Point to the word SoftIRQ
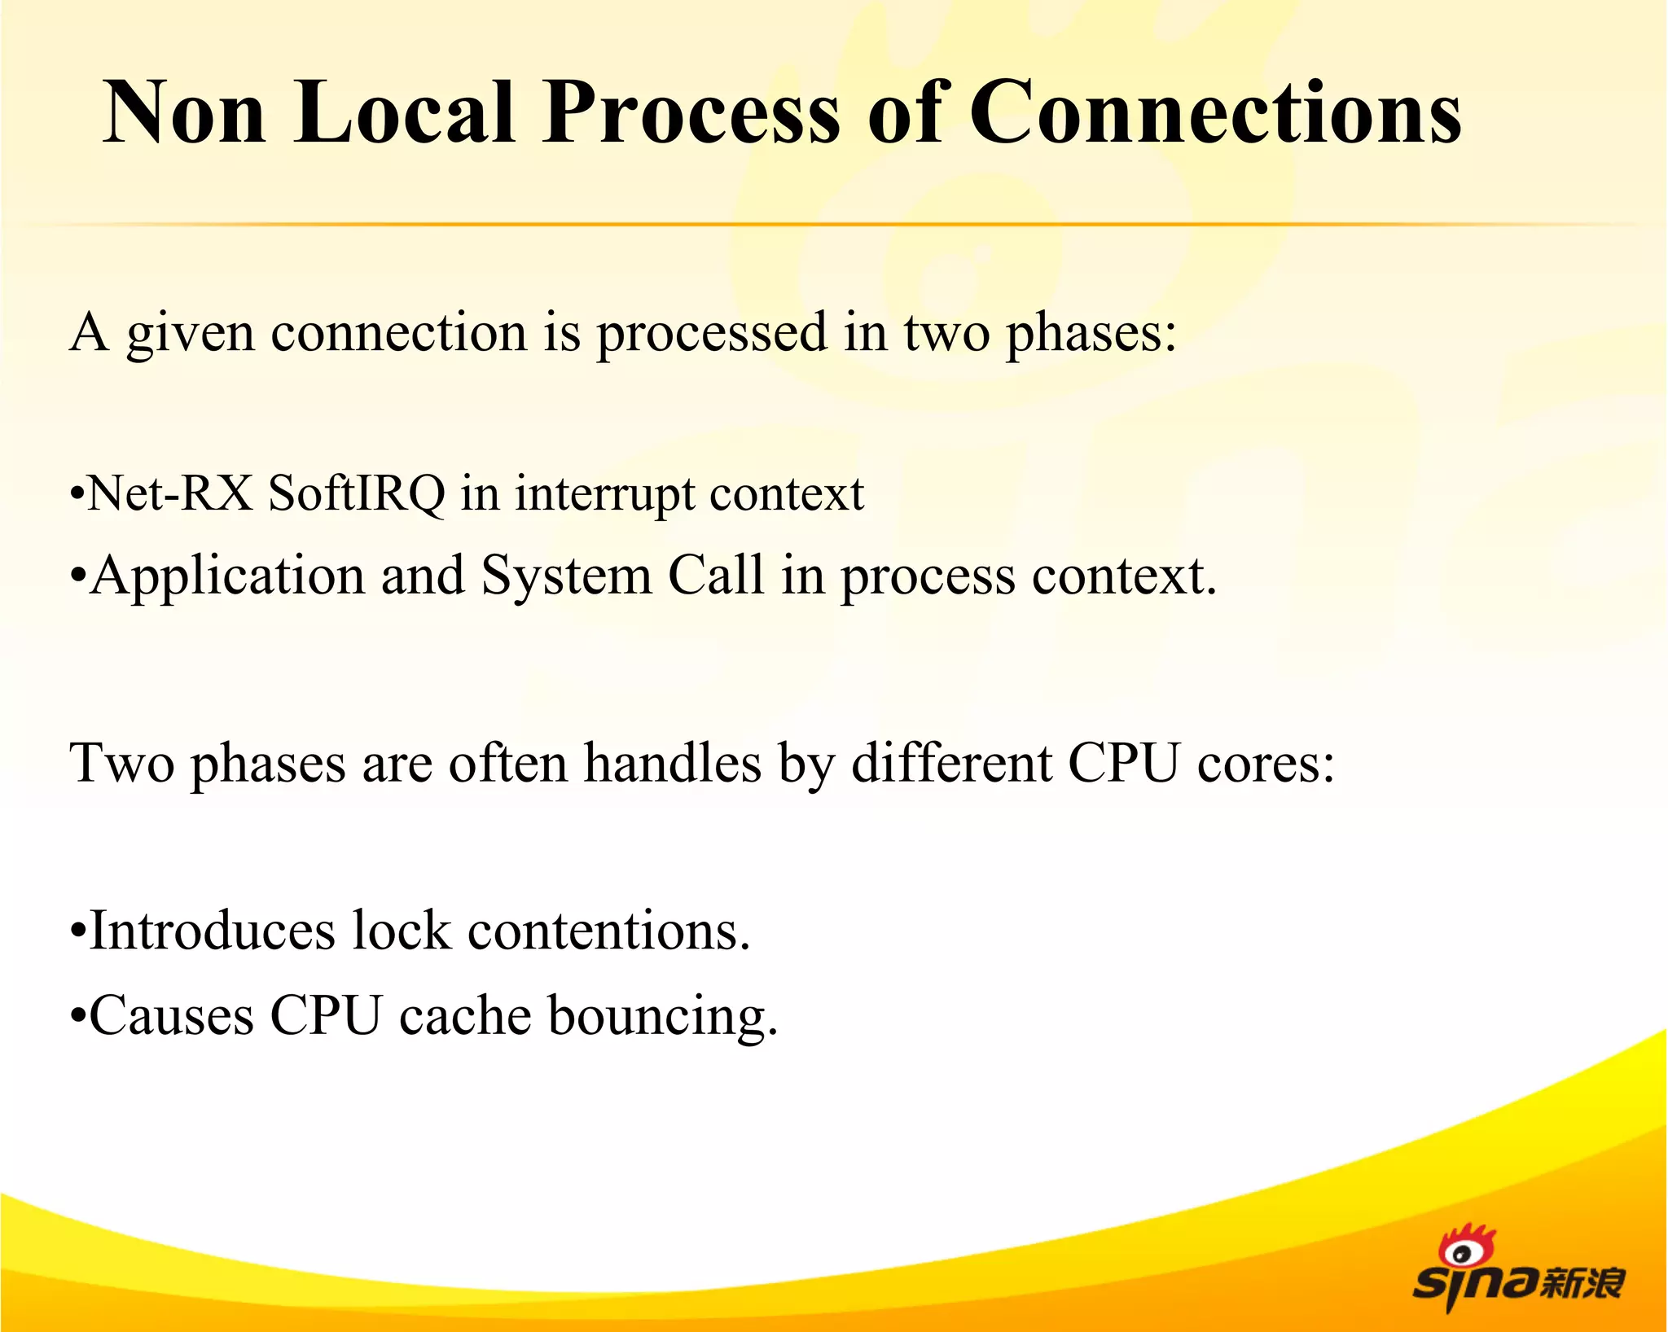click(357, 493)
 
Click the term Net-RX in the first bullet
click(170, 493)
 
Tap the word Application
click(227, 576)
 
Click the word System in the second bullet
click(566, 576)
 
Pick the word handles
click(674, 764)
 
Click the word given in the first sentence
click(190, 334)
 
